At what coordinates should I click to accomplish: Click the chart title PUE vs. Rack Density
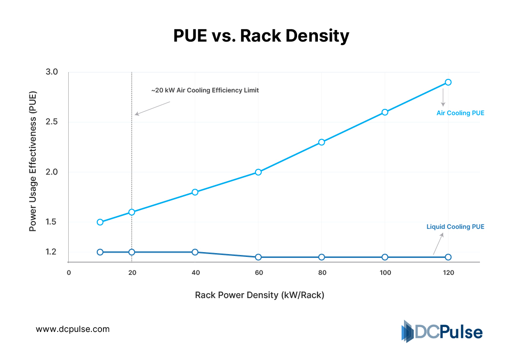(x=261, y=36)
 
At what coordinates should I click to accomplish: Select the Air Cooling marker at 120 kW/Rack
(x=448, y=82)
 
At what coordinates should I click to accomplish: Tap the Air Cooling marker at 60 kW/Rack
(x=258, y=172)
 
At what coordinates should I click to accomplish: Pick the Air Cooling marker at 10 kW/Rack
(x=100, y=222)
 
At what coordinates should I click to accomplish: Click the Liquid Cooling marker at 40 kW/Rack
(x=195, y=252)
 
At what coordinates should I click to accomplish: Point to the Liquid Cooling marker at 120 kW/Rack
(x=448, y=257)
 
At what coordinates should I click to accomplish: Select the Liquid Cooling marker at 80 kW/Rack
(x=322, y=257)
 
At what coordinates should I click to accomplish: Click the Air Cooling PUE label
(x=460, y=113)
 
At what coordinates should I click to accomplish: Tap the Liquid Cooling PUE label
(x=455, y=226)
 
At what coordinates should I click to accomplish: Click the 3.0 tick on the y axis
(x=52, y=72)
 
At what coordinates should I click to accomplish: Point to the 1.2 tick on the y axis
(x=52, y=252)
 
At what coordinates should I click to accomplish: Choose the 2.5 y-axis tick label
(x=52, y=122)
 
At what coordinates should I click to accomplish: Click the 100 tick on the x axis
(x=385, y=273)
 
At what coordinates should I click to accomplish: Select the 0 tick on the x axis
(x=69, y=273)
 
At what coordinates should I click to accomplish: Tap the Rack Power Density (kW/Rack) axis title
(x=259, y=295)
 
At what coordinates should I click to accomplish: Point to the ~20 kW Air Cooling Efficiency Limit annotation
(x=205, y=90)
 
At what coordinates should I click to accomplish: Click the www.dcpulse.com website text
(x=73, y=329)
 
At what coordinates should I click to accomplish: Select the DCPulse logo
(x=442, y=332)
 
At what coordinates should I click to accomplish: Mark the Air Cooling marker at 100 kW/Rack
(x=385, y=112)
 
